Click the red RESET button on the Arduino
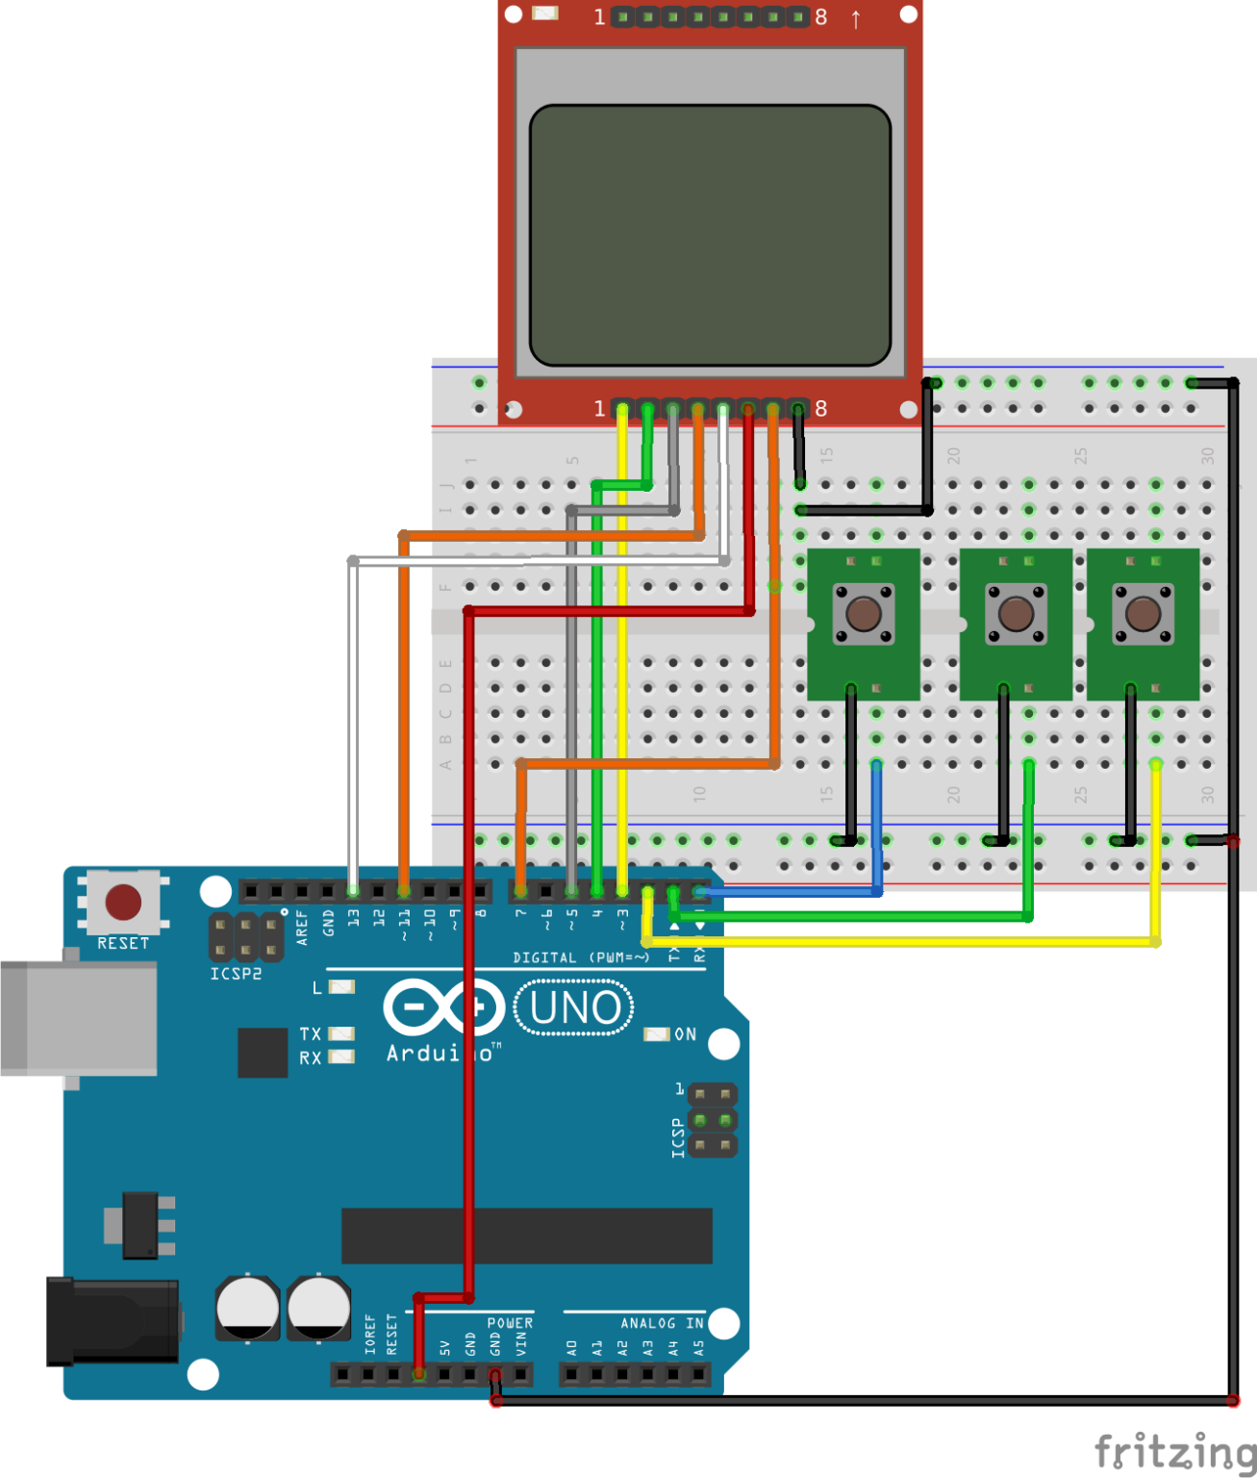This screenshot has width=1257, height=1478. [123, 903]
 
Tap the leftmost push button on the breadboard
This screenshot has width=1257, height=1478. [863, 613]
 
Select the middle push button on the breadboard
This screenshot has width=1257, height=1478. [1016, 613]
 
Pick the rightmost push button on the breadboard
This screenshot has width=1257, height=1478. [1143, 613]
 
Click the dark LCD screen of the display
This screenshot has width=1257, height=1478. [710, 236]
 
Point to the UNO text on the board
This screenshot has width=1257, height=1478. [575, 1007]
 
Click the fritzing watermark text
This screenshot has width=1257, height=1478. [1174, 1451]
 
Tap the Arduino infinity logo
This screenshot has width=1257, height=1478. [444, 1007]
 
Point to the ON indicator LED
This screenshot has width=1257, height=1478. [657, 1034]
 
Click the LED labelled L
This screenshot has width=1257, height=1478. [341, 987]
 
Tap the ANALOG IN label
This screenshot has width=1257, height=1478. [662, 1323]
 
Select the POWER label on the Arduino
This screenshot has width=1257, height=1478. [510, 1323]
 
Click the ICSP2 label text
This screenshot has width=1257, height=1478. [236, 974]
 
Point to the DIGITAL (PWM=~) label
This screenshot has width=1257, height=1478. [581, 957]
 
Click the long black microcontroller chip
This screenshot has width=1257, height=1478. [526, 1236]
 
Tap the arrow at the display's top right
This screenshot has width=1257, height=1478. [856, 18]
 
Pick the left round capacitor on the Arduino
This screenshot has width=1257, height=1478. [247, 1308]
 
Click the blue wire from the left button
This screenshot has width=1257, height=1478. [876, 828]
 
